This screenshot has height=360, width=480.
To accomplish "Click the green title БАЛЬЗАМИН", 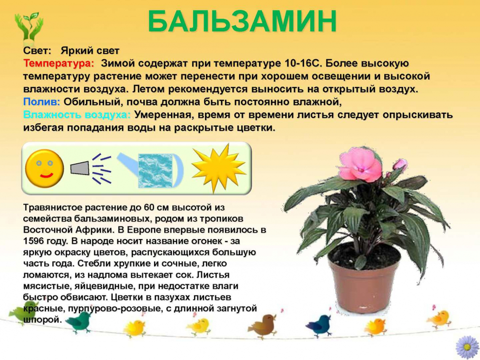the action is [242, 21].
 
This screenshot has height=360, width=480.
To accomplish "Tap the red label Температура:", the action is [59, 63].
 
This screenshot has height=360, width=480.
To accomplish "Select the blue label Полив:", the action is [42, 102].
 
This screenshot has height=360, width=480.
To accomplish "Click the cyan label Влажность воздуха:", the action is [77, 115].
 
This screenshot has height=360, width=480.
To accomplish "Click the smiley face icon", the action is [44, 169].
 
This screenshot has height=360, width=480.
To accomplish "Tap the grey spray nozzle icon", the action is [80, 169].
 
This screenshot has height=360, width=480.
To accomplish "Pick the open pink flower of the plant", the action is [360, 164].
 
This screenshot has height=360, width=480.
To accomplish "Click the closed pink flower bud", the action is [400, 165].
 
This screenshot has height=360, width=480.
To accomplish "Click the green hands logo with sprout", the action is [29, 28].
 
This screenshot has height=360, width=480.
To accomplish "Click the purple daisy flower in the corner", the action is [467, 347].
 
